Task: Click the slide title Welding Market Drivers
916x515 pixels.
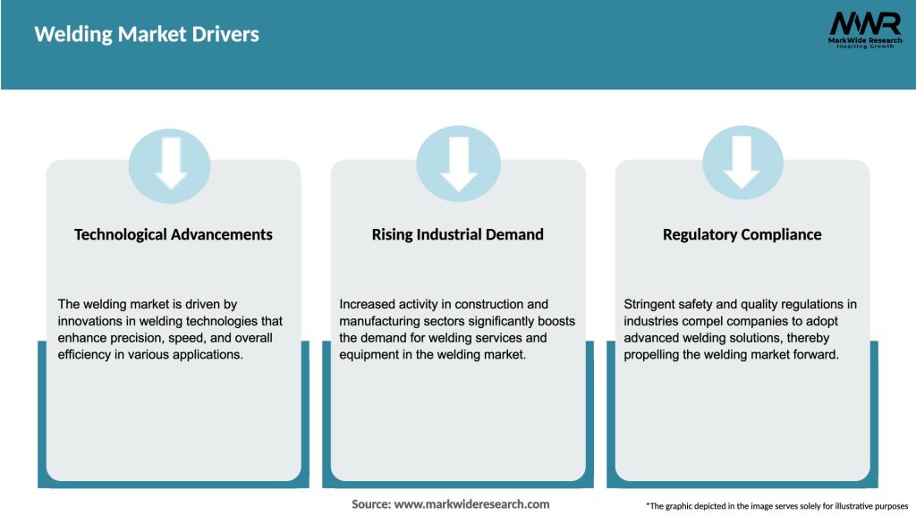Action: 147,35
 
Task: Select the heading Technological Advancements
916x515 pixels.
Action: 174,234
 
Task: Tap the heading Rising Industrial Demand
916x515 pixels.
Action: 457,234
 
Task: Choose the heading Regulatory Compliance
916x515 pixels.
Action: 742,234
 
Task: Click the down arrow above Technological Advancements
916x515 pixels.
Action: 170,164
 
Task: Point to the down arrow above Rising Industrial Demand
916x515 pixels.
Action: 458,164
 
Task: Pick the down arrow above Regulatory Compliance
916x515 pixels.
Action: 742,164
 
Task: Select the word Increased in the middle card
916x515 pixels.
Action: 369,304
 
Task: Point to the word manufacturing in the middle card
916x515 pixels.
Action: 378,321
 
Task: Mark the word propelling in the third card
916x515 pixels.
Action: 657,355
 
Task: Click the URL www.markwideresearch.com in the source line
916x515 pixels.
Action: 472,504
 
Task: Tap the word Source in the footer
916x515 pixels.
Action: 370,504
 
